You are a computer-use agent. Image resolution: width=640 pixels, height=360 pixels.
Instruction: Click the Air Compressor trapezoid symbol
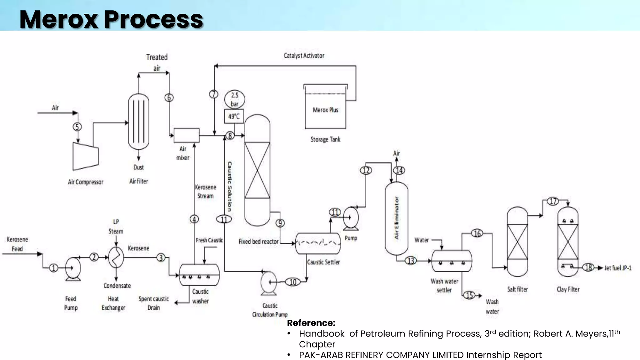click(85, 156)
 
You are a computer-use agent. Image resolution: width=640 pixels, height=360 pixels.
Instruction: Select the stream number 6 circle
click(169, 97)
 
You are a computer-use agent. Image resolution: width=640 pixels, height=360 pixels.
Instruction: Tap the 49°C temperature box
click(234, 117)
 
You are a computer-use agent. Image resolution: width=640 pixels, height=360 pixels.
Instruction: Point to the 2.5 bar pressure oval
click(234, 99)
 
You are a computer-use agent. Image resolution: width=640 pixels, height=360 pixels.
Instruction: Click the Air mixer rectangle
click(187, 136)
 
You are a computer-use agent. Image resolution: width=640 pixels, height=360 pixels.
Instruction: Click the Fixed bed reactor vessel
click(257, 170)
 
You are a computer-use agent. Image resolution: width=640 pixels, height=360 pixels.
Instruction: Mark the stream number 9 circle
click(280, 223)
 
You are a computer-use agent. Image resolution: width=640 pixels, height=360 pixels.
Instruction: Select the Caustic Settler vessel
click(318, 243)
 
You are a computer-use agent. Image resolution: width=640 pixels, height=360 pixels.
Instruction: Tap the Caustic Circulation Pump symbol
click(268, 282)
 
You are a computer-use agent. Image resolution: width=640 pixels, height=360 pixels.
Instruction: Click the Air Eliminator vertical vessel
click(396, 218)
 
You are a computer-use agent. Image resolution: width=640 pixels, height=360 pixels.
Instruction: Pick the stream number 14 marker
click(399, 170)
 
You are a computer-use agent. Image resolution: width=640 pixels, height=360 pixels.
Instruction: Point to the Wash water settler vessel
click(452, 261)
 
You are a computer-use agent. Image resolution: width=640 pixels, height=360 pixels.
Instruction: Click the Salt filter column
click(517, 242)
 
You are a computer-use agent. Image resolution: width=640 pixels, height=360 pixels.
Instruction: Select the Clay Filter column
click(568, 242)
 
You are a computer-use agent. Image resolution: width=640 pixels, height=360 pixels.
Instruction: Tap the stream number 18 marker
click(588, 267)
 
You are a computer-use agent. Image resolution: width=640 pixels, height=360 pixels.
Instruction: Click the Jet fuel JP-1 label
click(618, 268)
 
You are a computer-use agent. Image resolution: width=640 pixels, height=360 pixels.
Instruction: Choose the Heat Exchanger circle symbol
click(116, 257)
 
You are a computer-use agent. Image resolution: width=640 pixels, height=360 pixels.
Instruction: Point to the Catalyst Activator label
click(304, 56)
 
